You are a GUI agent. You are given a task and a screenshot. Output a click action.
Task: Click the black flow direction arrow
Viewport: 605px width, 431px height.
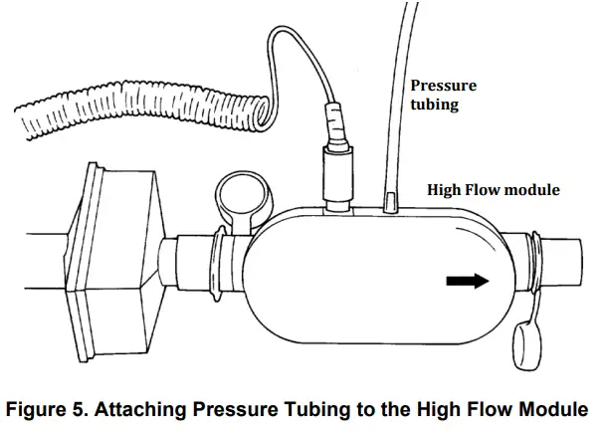471,281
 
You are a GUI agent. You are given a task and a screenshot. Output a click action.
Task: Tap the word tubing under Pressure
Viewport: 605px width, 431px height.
435,105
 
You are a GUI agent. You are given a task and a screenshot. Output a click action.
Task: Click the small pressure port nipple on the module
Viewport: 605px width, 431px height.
391,203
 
